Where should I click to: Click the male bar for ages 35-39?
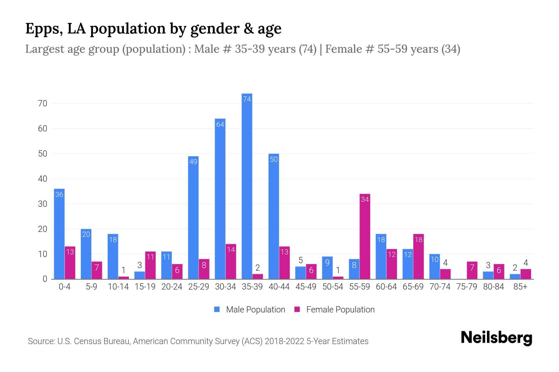coord(247,186)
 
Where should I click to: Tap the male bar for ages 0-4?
coord(59,234)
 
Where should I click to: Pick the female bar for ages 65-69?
coord(419,257)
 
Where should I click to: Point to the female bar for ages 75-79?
coord(472,270)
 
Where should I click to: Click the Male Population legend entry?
coord(250,310)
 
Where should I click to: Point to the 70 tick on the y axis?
coord(43,104)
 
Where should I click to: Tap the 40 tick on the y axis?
coord(43,179)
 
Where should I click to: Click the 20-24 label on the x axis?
coord(172,287)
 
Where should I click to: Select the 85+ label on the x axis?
coord(520,287)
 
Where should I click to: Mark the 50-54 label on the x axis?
coord(333,287)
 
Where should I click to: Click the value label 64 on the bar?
coord(220,125)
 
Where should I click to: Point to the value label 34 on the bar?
coord(365,200)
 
